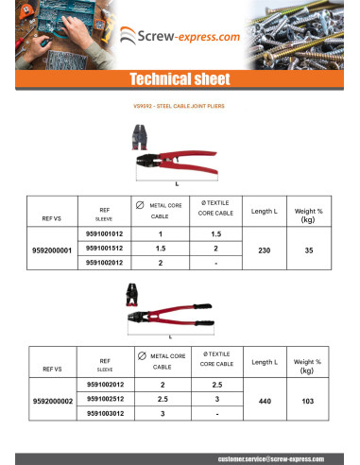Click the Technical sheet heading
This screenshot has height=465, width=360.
click(180, 78)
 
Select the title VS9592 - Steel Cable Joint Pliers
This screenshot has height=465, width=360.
click(180, 107)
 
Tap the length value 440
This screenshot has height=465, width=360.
click(264, 401)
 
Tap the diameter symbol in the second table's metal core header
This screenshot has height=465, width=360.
click(141, 354)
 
